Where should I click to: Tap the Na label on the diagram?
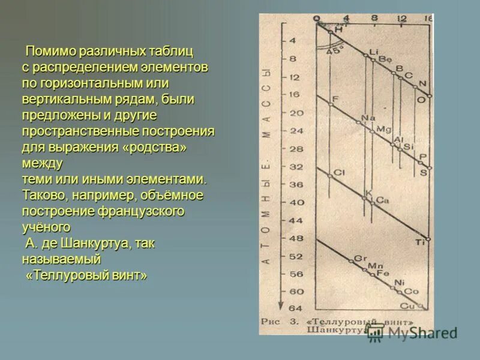367,118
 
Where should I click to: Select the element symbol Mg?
383,129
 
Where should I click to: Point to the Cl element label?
339,173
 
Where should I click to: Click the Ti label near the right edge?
420,242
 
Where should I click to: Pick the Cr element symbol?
360,258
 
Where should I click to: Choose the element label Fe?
383,274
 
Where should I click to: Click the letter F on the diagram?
335,99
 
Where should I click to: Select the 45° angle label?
335,51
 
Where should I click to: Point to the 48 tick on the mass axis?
296,238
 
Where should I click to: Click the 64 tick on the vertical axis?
296,308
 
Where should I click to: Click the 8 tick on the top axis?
374,18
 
